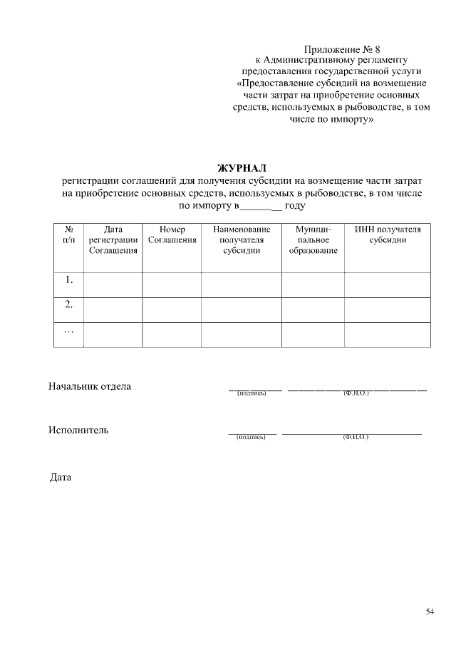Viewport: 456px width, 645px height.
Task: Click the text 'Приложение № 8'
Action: pos(342,50)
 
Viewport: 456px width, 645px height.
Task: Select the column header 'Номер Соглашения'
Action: pos(172,235)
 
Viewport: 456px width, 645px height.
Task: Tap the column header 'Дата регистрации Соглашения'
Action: pos(113,240)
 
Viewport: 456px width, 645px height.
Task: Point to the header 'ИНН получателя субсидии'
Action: pos(388,235)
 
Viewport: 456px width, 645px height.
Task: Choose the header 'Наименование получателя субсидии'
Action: pos(242,240)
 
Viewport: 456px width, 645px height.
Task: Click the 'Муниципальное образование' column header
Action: pos(313,240)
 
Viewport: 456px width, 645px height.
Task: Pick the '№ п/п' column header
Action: pos(69,235)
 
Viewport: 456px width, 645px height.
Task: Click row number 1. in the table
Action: pos(69,280)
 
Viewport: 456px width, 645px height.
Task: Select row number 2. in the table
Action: pos(69,305)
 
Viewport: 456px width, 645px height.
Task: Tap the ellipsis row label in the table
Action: pos(69,332)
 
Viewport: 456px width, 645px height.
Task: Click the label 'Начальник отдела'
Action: pos(90,387)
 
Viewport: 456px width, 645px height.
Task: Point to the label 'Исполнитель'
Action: pos(78,430)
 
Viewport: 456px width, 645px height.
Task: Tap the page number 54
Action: pos(430,612)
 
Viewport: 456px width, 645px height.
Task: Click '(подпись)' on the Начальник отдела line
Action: pos(251,393)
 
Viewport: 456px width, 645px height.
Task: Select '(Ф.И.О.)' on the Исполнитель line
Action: pos(356,436)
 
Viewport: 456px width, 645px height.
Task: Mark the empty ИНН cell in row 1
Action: pos(388,284)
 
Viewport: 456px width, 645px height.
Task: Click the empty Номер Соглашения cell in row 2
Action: pos(172,309)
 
